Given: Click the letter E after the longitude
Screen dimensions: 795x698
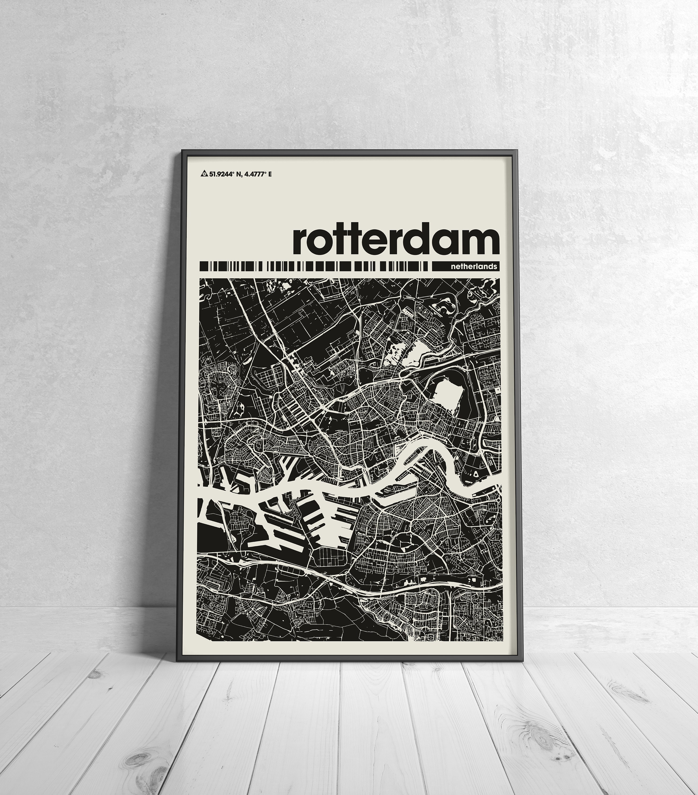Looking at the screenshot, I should coord(270,174).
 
